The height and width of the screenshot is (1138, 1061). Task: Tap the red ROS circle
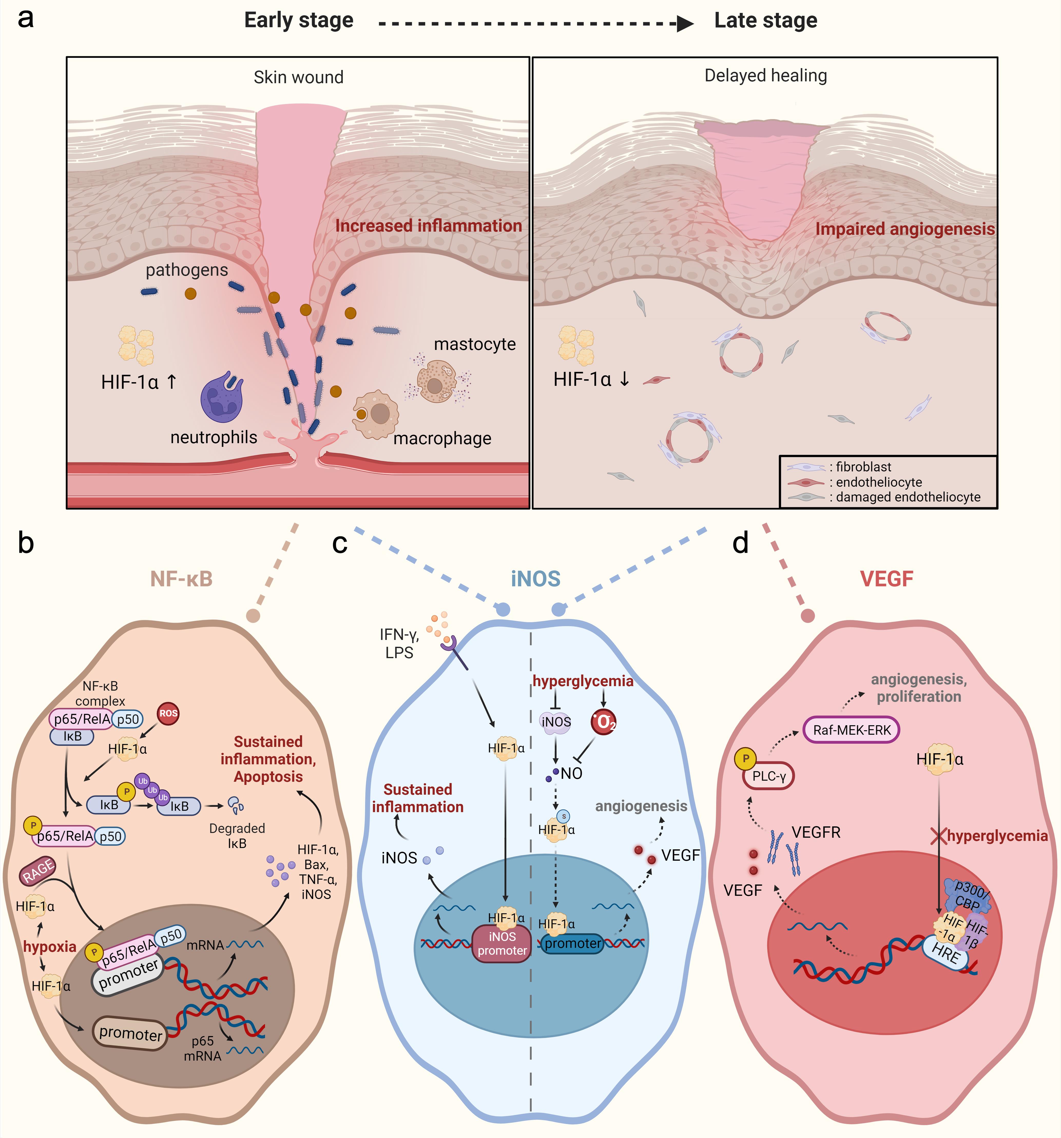coord(168,713)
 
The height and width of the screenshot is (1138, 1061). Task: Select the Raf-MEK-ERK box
coord(852,730)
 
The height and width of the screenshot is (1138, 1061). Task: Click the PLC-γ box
coord(769,776)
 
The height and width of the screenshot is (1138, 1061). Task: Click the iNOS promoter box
coord(502,943)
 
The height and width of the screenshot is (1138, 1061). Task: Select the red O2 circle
coord(603,722)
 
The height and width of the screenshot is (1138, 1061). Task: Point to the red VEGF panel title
coord(886,579)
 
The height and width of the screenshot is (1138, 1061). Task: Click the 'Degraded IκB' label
coord(237,836)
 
